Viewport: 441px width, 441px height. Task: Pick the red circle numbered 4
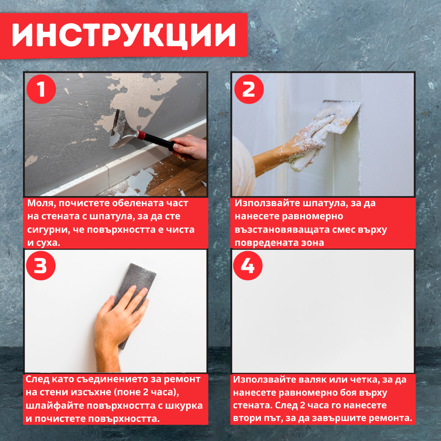(248, 266)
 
